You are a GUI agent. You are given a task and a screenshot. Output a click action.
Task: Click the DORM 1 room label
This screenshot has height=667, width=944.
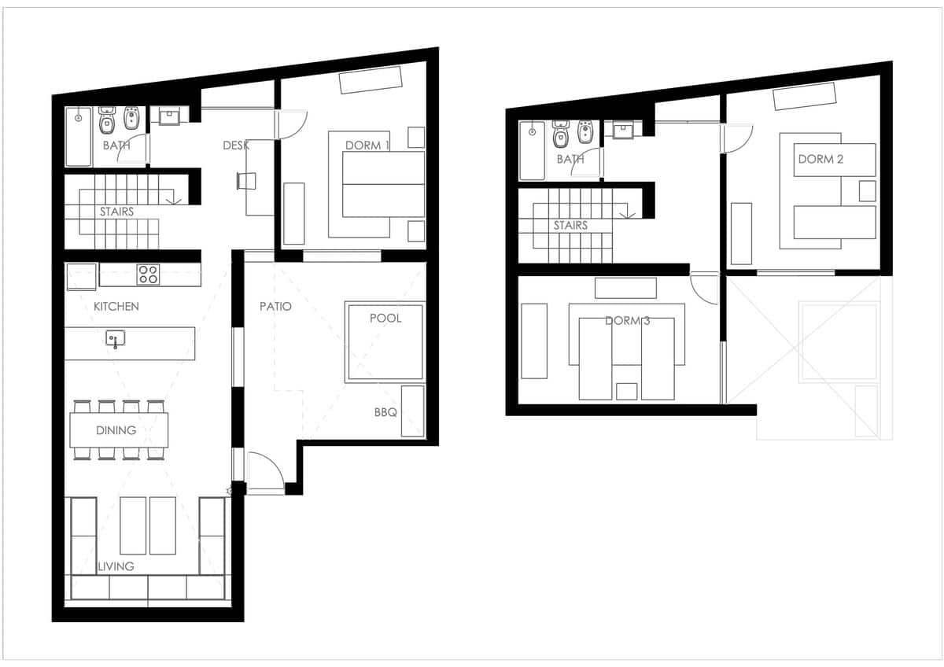(x=367, y=146)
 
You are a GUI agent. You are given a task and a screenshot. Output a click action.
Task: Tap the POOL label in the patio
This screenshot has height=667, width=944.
(x=385, y=318)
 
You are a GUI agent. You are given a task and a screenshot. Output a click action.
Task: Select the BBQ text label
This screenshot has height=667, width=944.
(x=385, y=412)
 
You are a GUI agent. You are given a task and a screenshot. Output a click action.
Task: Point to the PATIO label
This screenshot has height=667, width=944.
(x=275, y=306)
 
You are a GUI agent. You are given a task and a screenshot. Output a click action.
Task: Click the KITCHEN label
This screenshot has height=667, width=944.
(x=116, y=306)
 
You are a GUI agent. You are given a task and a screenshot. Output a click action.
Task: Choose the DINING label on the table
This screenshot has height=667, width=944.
(x=116, y=430)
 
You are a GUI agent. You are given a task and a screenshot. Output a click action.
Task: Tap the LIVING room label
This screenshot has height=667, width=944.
(x=116, y=566)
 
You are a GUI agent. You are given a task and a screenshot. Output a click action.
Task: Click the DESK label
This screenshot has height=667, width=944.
(x=236, y=146)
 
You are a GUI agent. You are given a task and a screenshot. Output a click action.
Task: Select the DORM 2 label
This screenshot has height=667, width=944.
(x=821, y=159)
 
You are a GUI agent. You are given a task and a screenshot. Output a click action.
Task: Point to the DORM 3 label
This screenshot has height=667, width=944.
(x=628, y=321)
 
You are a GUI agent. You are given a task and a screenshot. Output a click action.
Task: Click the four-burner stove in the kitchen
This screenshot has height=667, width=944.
(x=149, y=275)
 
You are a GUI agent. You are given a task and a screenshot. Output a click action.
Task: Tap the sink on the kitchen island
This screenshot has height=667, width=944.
(x=115, y=338)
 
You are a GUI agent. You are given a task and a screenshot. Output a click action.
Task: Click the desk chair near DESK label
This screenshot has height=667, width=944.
(x=246, y=181)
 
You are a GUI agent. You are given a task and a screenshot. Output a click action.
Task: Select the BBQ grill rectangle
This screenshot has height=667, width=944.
(x=412, y=411)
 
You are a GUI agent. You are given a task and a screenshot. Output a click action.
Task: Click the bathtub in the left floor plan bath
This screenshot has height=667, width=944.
(x=79, y=137)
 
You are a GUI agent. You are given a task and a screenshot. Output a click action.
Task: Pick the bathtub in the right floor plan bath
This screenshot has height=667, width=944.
(x=533, y=150)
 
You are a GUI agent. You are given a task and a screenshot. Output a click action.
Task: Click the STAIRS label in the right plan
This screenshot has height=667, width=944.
(x=570, y=226)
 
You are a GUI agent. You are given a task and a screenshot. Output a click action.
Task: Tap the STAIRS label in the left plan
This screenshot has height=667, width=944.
(x=116, y=212)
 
